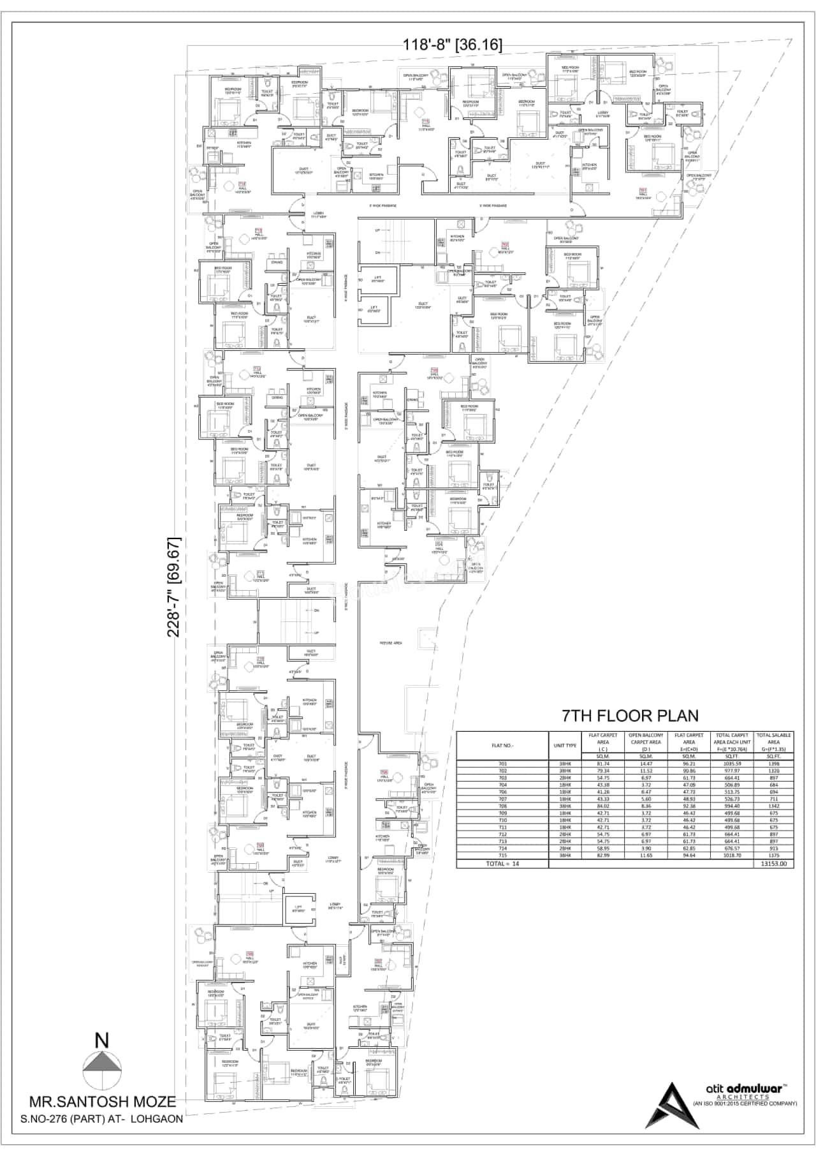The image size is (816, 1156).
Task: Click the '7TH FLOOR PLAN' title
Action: (x=629, y=716)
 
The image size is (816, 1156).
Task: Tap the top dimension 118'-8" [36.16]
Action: (x=453, y=45)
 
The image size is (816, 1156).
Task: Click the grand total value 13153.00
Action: (x=774, y=864)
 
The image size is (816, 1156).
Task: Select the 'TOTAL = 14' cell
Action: (x=502, y=864)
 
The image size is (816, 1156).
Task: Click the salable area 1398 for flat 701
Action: (x=774, y=764)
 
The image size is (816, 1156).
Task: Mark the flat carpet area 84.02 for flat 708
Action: (x=602, y=806)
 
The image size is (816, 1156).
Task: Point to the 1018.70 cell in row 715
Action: (x=732, y=855)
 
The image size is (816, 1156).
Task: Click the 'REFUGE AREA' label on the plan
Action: (x=390, y=643)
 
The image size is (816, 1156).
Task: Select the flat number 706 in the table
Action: (x=502, y=792)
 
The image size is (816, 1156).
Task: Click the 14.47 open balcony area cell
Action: (x=646, y=764)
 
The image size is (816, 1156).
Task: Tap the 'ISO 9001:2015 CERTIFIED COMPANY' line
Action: (x=745, y=1104)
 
